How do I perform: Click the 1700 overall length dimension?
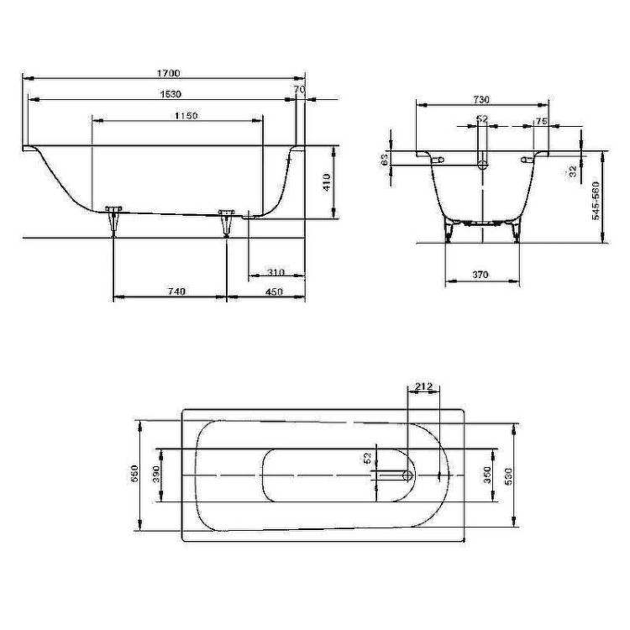[x=168, y=73]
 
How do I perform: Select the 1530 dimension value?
[x=171, y=94]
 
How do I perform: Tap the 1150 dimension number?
[x=186, y=116]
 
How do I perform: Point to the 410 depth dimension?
[x=327, y=182]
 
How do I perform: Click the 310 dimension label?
[x=276, y=272]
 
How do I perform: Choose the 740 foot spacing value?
[x=176, y=291]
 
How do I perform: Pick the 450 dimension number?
[x=274, y=291]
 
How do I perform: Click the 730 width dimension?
[x=481, y=99]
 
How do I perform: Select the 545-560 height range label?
[x=596, y=201]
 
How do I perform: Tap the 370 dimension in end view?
[x=480, y=275]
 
